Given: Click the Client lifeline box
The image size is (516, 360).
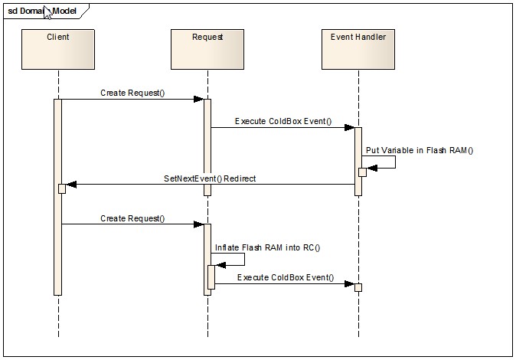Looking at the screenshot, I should click(x=58, y=50).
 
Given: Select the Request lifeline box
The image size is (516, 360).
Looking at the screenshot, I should click(x=207, y=50).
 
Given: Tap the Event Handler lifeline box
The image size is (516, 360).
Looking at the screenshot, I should click(x=358, y=50).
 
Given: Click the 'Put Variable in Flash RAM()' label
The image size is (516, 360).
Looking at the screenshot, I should click(x=419, y=150).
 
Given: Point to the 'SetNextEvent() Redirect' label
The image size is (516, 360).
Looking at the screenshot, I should click(x=210, y=178).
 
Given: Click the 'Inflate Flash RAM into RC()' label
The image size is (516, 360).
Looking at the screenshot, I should click(x=267, y=247).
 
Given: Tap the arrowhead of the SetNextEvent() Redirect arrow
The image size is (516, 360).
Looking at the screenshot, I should click(x=71, y=185).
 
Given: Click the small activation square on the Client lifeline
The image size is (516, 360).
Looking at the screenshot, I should click(x=62, y=188).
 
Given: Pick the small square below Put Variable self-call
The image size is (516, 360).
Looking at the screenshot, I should click(x=362, y=172).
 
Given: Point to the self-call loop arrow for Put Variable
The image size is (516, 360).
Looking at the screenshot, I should click(x=387, y=162).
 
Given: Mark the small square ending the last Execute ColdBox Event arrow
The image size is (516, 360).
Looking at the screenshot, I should click(x=358, y=287).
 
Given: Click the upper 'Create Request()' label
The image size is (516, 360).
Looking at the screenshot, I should click(x=132, y=93).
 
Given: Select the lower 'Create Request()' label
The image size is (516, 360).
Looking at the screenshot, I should click(x=132, y=218).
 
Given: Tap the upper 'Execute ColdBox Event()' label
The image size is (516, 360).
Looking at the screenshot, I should click(x=282, y=121).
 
